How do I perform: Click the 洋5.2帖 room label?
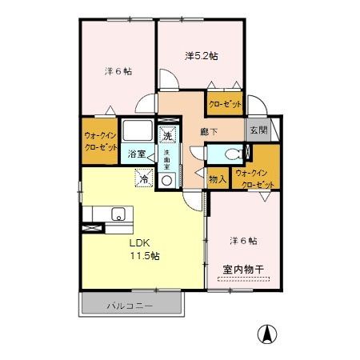click(202, 56)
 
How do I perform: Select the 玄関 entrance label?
click(255, 130)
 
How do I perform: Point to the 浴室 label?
click(137, 154)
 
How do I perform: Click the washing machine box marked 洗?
click(169, 134)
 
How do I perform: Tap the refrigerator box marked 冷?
click(143, 180)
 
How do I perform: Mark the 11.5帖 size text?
click(145, 257)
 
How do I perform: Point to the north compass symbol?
click(265, 333)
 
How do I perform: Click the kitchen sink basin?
click(118, 214)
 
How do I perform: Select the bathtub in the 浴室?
click(140, 133)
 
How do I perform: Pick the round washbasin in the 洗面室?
click(168, 180)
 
